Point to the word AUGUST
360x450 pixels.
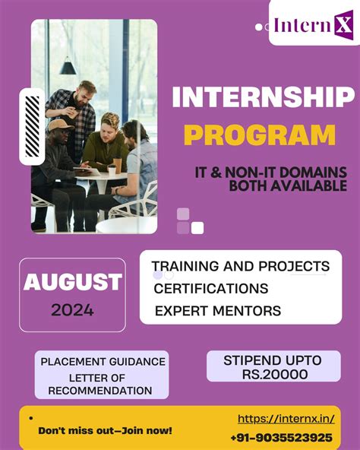[72, 282]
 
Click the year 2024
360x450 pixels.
[72, 310]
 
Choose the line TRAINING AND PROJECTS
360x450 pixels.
[240, 266]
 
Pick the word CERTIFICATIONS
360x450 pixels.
[210, 289]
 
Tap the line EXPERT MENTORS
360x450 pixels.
[217, 311]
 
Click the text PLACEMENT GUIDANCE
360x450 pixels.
[103, 362]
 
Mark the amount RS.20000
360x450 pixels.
[273, 374]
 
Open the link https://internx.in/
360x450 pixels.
[286, 419]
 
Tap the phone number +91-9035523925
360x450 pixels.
[281, 438]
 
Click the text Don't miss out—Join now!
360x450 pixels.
[105, 431]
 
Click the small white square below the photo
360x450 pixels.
[197, 228]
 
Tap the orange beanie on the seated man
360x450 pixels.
[57, 124]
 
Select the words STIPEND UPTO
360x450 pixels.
[273, 360]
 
